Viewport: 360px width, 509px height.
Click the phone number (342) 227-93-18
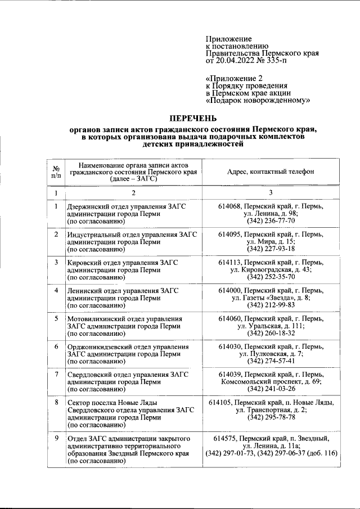271,249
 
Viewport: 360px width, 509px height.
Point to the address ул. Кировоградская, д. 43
271,270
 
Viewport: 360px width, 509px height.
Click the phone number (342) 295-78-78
271,418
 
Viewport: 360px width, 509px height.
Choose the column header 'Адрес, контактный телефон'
271,172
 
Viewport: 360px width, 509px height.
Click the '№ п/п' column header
56,172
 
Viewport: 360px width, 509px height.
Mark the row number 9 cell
56,439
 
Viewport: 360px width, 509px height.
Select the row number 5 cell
56,319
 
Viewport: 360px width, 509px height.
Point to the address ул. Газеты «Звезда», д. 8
271,298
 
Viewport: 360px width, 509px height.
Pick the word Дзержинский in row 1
90,206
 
